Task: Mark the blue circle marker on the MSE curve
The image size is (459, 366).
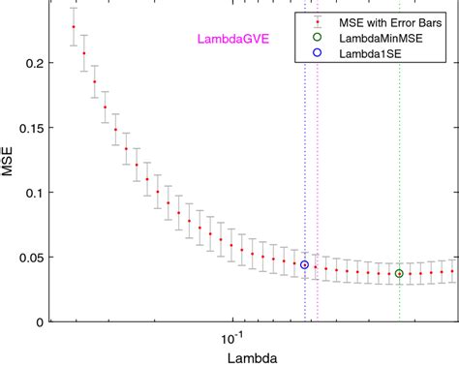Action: (x=304, y=264)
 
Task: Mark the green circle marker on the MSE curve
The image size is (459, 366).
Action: (x=399, y=273)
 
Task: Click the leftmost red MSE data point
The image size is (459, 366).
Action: (x=74, y=27)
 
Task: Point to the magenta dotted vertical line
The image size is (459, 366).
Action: (x=317, y=174)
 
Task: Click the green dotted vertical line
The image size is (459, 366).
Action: (x=399, y=174)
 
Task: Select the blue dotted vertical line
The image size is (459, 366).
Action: (x=304, y=174)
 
